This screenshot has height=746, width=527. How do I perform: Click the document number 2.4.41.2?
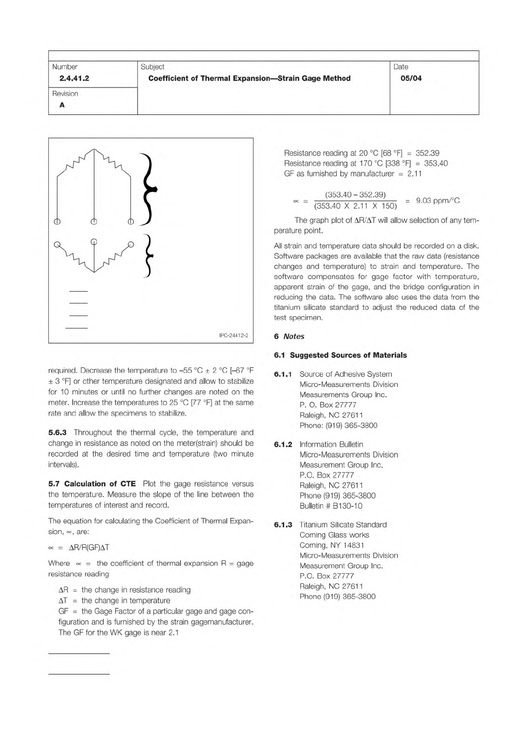(74, 78)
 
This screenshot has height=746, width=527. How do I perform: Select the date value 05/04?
(411, 78)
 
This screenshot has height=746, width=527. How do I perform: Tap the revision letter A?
(62, 105)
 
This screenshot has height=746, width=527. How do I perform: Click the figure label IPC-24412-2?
(234, 335)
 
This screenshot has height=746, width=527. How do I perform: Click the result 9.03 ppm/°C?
(438, 201)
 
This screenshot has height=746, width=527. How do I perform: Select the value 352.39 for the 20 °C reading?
(427, 153)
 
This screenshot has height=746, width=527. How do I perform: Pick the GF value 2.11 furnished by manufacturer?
(414, 174)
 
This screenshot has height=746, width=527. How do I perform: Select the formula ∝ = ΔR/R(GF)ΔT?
(79, 548)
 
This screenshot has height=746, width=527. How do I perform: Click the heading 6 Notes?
(289, 336)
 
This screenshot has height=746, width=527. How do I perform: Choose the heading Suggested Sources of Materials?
(348, 355)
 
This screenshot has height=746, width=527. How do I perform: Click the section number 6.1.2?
(283, 444)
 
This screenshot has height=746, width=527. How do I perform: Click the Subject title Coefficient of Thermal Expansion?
(249, 78)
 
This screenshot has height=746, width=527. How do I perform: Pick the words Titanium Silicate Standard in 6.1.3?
(343, 525)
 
